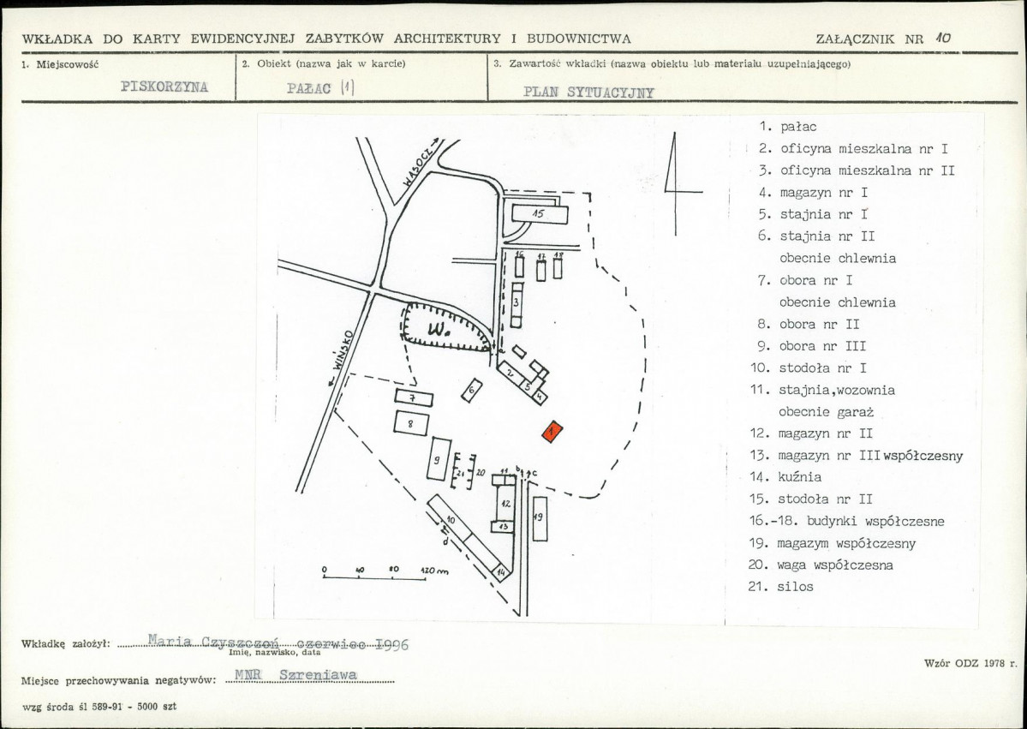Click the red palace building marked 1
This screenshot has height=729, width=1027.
(x=552, y=432)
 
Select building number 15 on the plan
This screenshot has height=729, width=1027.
(x=540, y=214)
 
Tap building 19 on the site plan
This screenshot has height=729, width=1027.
(x=540, y=517)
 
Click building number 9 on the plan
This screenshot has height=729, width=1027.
(x=439, y=459)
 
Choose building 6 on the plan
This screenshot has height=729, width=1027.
(x=472, y=391)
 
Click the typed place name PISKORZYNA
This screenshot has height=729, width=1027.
(x=164, y=87)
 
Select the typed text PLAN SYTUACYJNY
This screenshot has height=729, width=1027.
(x=588, y=93)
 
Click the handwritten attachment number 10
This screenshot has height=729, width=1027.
(x=944, y=38)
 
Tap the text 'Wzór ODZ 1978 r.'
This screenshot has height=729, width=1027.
(x=970, y=663)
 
